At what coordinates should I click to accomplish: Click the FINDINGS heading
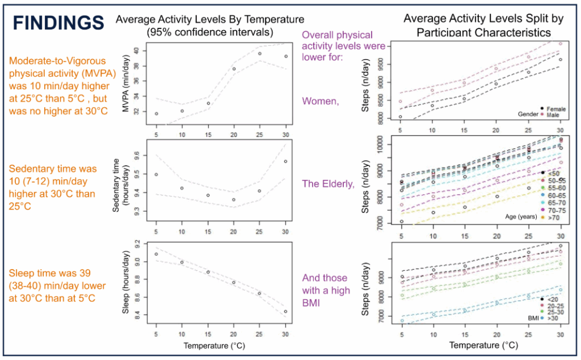[58, 22]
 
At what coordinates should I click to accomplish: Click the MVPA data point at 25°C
[259, 54]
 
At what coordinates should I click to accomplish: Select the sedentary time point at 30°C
[285, 161]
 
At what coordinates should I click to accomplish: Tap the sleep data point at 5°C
[156, 254]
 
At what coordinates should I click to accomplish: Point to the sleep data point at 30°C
[285, 311]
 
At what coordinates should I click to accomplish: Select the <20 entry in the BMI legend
[551, 299]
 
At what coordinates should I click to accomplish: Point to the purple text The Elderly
[327, 183]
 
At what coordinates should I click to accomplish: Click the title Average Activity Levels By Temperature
[210, 20]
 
